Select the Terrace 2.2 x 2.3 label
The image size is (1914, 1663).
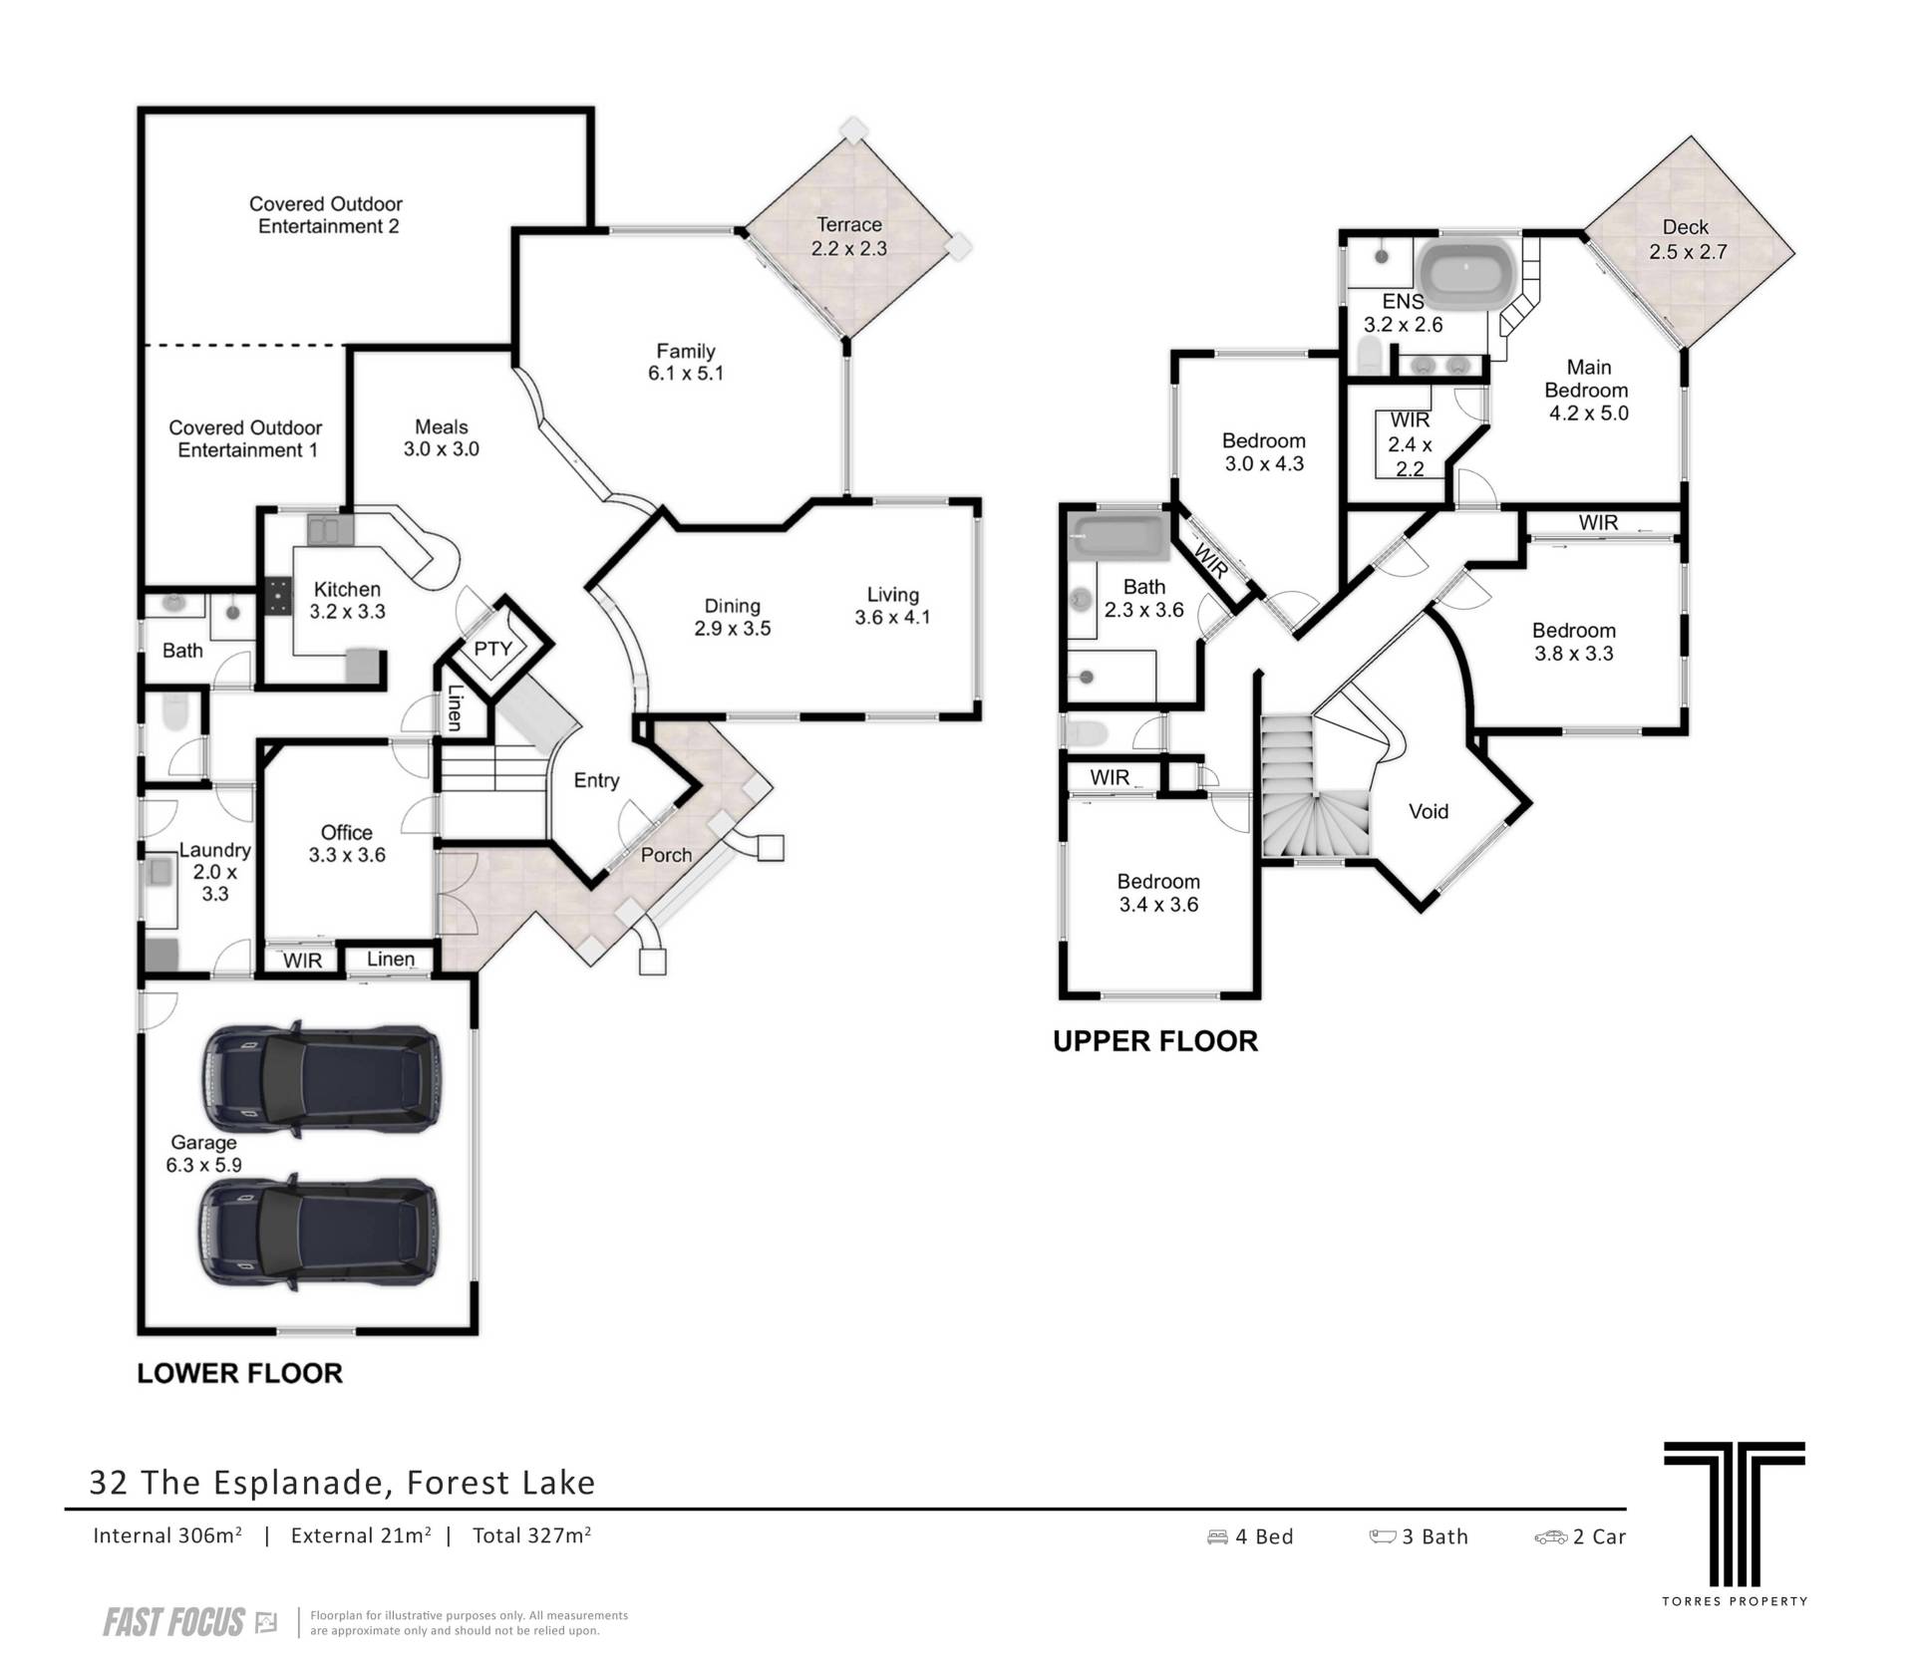849,236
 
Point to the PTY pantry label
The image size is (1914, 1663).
492,649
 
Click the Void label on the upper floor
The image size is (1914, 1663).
1428,811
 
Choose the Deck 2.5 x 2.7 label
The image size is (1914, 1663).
1686,239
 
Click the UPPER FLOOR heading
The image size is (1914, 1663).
1155,1041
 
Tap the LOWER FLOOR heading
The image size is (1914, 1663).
239,1373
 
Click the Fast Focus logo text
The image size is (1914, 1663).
173,1622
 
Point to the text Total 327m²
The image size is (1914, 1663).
532,1535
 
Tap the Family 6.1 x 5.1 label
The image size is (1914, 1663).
685,362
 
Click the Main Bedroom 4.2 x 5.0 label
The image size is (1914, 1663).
1587,390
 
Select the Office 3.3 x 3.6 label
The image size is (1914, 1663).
347,843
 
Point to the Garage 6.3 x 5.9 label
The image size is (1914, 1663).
203,1153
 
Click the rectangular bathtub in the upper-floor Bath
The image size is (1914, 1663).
1116,537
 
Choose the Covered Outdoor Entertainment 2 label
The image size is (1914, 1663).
327,215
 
